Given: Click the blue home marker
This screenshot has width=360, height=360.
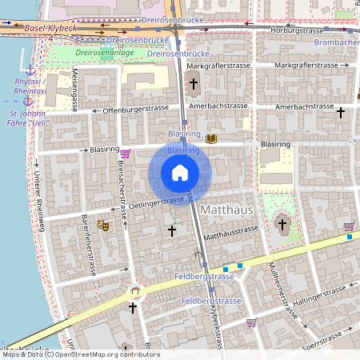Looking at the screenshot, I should point(180,173).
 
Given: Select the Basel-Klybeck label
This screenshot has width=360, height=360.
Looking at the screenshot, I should point(51,28).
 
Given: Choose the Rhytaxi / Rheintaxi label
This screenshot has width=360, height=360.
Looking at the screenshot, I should point(31,86).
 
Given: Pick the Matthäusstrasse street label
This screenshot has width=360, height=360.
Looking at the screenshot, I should point(232,234).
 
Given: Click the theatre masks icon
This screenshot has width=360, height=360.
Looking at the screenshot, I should point(102,226).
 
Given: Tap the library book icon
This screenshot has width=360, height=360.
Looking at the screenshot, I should point(211,138).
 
